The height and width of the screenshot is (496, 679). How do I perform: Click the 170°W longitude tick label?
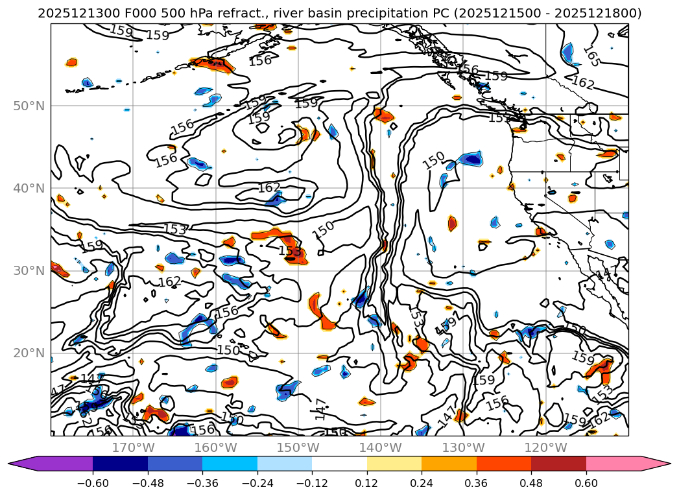[133, 447]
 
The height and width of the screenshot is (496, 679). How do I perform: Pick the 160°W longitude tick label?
[215, 447]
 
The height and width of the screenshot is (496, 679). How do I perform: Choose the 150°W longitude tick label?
[298, 447]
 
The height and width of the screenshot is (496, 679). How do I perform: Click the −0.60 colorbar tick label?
[92, 483]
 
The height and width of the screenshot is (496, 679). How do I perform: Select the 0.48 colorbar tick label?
[531, 483]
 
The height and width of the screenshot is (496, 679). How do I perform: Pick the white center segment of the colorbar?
[339, 464]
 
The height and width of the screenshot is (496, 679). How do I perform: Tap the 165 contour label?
[591, 56]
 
